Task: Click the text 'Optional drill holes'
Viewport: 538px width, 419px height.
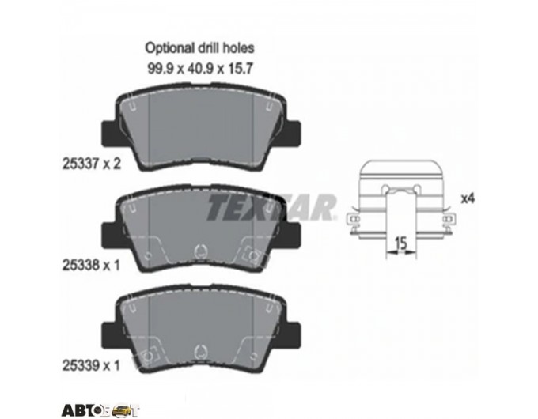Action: tap(199, 48)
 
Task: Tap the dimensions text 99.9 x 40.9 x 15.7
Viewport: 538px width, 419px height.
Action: tap(200, 69)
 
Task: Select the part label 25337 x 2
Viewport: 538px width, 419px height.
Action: tap(92, 164)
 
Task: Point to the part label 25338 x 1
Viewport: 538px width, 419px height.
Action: tap(91, 265)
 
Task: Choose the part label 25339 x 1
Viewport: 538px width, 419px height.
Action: tap(91, 365)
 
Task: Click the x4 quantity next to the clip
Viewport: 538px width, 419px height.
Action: tap(468, 198)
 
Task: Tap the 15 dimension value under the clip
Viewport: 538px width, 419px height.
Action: tap(400, 243)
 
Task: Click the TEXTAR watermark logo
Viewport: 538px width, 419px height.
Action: tap(271, 207)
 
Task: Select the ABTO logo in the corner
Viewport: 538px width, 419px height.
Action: tap(100, 410)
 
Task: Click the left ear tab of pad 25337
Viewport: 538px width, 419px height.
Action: tap(109, 133)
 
